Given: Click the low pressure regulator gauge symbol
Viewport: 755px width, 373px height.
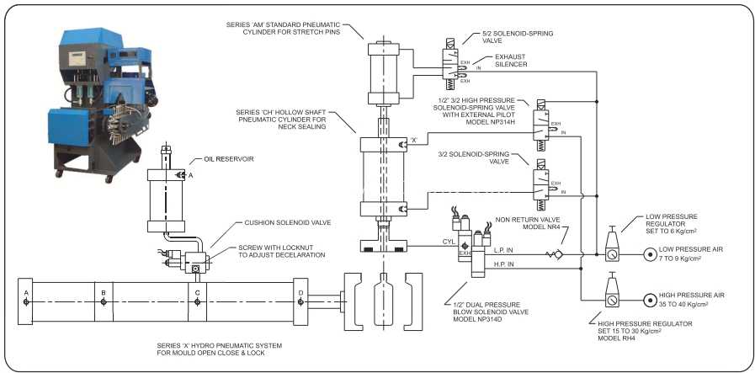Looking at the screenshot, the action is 612,255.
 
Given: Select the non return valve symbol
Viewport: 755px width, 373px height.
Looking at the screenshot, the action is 555,255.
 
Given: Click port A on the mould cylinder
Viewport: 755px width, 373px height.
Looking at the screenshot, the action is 26,301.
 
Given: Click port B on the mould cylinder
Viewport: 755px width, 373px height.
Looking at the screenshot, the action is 103,301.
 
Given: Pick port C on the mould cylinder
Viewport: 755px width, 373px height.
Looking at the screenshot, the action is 197,301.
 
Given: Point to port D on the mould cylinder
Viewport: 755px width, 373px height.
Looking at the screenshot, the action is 300,301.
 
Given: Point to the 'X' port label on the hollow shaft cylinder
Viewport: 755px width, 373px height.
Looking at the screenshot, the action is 413,141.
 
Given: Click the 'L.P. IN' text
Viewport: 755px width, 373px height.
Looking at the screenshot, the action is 503,249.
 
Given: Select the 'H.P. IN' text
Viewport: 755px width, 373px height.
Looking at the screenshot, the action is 503,264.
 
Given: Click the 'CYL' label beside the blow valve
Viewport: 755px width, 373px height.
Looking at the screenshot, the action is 449,241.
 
